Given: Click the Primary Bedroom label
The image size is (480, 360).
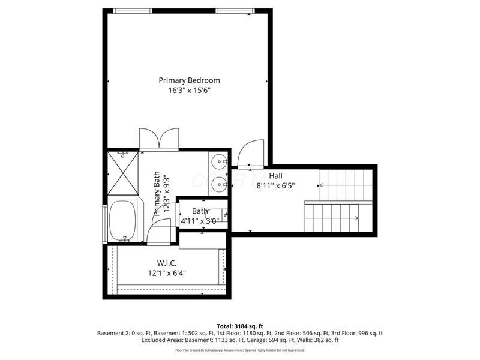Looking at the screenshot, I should pyautogui.click(x=189, y=80).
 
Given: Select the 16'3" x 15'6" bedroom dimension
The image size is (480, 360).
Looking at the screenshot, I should pyautogui.click(x=189, y=91).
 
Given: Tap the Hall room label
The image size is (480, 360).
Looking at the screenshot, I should pyautogui.click(x=275, y=175).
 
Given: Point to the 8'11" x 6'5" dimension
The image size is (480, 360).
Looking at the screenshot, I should pyautogui.click(x=276, y=186).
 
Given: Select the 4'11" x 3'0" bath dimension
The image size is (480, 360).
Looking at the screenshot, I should pyautogui.click(x=200, y=221).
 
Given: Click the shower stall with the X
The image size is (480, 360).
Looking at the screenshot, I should pyautogui.click(x=122, y=173).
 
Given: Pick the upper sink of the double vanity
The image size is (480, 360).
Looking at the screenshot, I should pyautogui.click(x=219, y=161).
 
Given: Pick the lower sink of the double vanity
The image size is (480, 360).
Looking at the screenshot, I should pyautogui.click(x=219, y=184).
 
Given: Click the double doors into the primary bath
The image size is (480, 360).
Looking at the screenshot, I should pyautogui.click(x=158, y=139).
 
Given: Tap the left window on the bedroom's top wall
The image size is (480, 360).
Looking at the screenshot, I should pyautogui.click(x=133, y=10).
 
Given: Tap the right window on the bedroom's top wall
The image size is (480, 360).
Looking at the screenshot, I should pyautogui.click(x=235, y=10).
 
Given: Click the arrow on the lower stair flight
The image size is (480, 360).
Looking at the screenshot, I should pyautogui.click(x=354, y=218).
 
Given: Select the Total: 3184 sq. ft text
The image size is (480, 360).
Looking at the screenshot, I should pyautogui.click(x=239, y=325).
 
